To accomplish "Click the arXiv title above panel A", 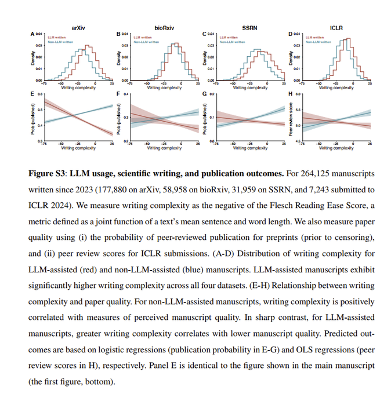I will pos(79,27).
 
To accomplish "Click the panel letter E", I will pos(32,93).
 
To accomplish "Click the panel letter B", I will pos(118,35).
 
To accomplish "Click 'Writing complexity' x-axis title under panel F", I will pos(164,148).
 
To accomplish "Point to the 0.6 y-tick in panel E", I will pos(39,94).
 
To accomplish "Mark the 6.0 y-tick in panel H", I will pos(297,94).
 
